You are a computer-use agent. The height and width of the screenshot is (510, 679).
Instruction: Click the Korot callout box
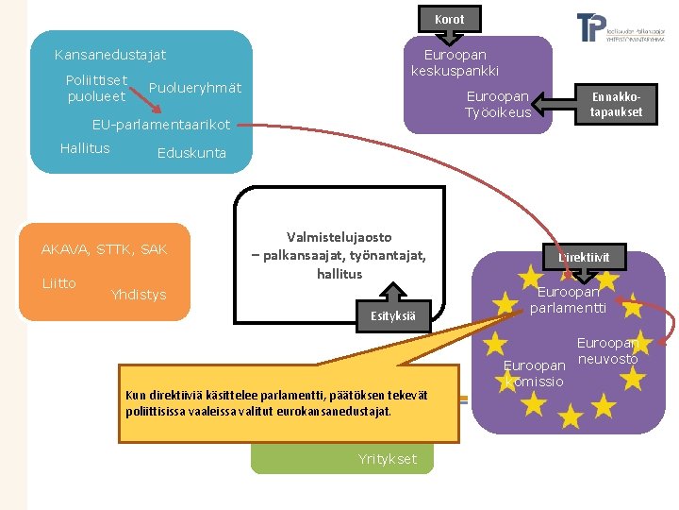(x=449, y=19)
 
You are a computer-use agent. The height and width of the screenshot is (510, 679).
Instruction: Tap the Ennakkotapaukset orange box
(x=616, y=104)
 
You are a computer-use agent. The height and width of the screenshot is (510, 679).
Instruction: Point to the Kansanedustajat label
(x=110, y=56)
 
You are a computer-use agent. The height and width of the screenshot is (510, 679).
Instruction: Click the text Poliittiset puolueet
(x=97, y=88)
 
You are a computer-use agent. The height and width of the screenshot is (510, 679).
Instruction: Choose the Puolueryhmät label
(x=195, y=88)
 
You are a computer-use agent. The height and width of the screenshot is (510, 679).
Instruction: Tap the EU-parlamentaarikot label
(x=161, y=125)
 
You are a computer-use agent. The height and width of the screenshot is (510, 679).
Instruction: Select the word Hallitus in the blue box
(x=85, y=148)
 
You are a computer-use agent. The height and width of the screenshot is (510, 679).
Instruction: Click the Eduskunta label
(x=191, y=153)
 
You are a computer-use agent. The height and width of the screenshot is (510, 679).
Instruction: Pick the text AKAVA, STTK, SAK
(x=105, y=249)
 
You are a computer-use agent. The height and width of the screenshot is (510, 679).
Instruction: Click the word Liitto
(x=58, y=283)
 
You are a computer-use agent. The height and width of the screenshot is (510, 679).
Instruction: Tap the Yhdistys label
(x=138, y=295)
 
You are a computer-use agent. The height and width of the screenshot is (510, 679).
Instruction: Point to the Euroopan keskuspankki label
(x=455, y=63)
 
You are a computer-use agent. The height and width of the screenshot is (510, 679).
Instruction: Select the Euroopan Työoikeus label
(x=498, y=105)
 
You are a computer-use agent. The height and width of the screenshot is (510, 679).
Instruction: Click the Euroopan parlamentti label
(x=568, y=299)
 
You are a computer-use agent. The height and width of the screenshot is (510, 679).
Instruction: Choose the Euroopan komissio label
(x=534, y=373)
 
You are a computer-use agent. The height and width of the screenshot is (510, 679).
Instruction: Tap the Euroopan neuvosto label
(x=607, y=351)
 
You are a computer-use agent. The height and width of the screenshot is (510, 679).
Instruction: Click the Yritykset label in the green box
(x=388, y=459)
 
